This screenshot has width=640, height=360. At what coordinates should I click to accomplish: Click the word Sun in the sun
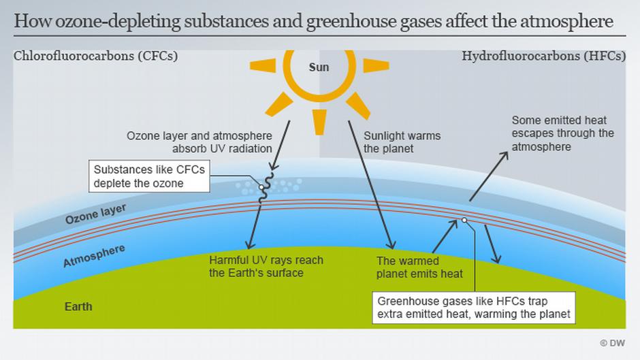[x=319, y=67]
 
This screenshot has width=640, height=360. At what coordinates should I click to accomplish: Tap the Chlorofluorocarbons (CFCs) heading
[x=95, y=56]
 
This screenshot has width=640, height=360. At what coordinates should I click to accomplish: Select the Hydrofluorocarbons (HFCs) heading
[x=543, y=56]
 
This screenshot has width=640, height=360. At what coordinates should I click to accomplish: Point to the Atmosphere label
[x=94, y=256]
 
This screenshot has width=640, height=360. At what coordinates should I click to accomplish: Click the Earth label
[x=78, y=307]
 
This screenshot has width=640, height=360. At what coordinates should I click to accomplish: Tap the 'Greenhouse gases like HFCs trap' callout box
[x=474, y=306]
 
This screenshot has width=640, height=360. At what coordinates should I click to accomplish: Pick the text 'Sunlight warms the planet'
[x=402, y=142]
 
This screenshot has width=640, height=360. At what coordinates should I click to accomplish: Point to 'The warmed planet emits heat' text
[x=419, y=267]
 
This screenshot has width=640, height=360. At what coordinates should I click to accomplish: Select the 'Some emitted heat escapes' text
[x=562, y=133]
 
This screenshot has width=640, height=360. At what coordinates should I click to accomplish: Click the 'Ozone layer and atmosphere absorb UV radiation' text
[x=199, y=142]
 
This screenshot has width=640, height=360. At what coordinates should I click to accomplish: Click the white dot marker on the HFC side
[x=464, y=220]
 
